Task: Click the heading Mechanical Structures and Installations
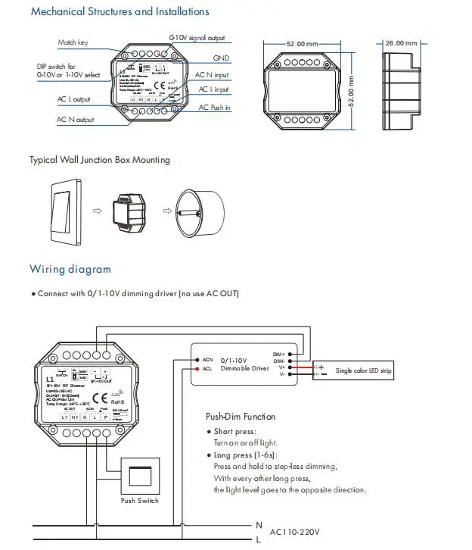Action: pyautogui.click(x=120, y=11)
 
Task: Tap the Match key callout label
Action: pyautogui.click(x=73, y=42)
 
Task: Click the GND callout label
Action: pyautogui.click(x=221, y=58)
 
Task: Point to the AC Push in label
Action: pyautogui.click(x=214, y=108)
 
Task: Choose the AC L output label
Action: pyautogui.click(x=73, y=99)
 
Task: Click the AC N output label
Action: pyautogui.click(x=75, y=120)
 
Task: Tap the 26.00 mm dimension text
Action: pyautogui.click(x=401, y=43)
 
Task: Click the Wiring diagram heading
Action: pyautogui.click(x=70, y=269)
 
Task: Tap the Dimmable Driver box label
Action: pyautogui.click(x=240, y=368)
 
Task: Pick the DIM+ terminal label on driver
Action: pyautogui.click(x=279, y=354)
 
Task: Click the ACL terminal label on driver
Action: pyautogui.click(x=206, y=369)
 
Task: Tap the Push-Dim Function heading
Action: pyautogui.click(x=241, y=416)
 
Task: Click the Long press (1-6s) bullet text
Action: pyautogui.click(x=245, y=455)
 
